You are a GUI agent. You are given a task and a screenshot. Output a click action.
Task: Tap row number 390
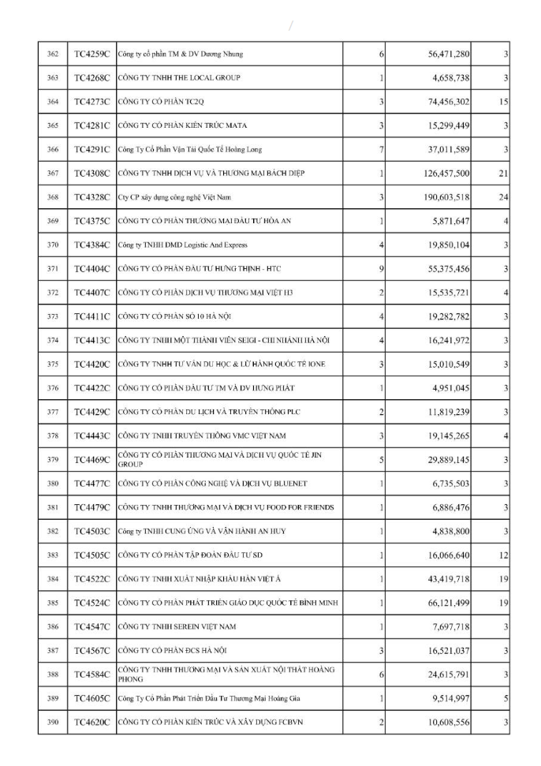point(53,722)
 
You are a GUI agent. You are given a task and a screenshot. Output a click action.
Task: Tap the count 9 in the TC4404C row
point(381,268)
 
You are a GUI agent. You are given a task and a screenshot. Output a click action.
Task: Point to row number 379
point(53,460)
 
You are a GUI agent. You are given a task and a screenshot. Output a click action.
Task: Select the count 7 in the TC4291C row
point(381,149)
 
